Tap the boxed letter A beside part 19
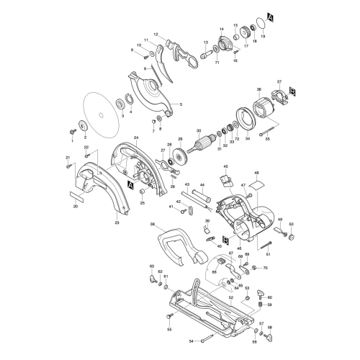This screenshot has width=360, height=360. [269, 17]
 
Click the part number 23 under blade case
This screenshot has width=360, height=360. [117, 224]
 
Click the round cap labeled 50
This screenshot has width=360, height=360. [292, 234]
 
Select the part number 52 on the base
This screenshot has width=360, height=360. [231, 297]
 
